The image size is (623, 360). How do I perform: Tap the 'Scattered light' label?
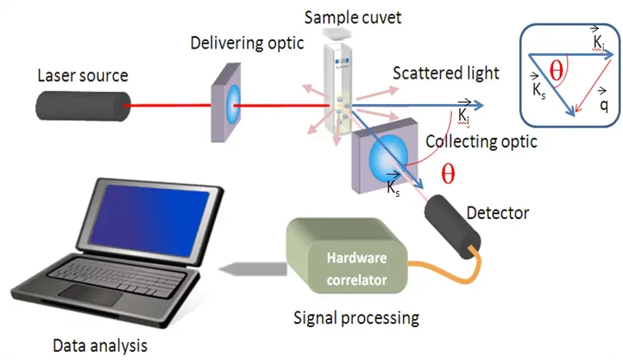(446, 73)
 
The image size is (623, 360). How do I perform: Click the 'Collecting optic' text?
(481, 142)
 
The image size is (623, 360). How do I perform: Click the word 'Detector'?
(497, 213)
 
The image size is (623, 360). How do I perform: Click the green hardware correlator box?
(346, 258)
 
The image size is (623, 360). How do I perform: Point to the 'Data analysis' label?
(100, 346)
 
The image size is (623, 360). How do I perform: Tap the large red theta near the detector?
(447, 174)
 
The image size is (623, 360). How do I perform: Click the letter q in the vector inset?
(604, 105)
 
